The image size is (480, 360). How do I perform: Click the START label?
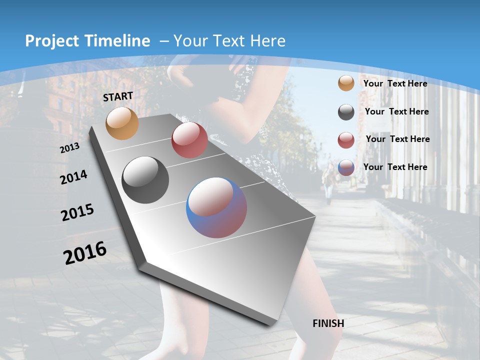[118, 96]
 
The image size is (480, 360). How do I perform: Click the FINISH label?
[328, 323]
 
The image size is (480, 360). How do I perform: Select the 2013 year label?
[69, 148]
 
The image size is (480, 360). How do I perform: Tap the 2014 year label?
[73, 177]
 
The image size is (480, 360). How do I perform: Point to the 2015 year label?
[77, 212]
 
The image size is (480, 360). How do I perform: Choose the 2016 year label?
[85, 252]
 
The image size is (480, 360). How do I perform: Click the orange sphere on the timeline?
[122, 123]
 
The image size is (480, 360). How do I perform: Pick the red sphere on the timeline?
[189, 140]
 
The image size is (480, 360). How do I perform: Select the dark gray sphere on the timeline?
[145, 180]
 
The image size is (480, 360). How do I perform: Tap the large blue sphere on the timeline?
[216, 207]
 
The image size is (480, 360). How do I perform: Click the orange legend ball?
[346, 83]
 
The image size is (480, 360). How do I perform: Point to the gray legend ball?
[346, 112]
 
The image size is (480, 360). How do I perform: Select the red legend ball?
[346, 140]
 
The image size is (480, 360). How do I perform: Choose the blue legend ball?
[346, 167]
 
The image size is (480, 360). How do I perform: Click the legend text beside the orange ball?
[395, 83]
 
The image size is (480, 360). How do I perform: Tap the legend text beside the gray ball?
[397, 111]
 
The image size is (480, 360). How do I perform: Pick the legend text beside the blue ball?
[395, 167]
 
